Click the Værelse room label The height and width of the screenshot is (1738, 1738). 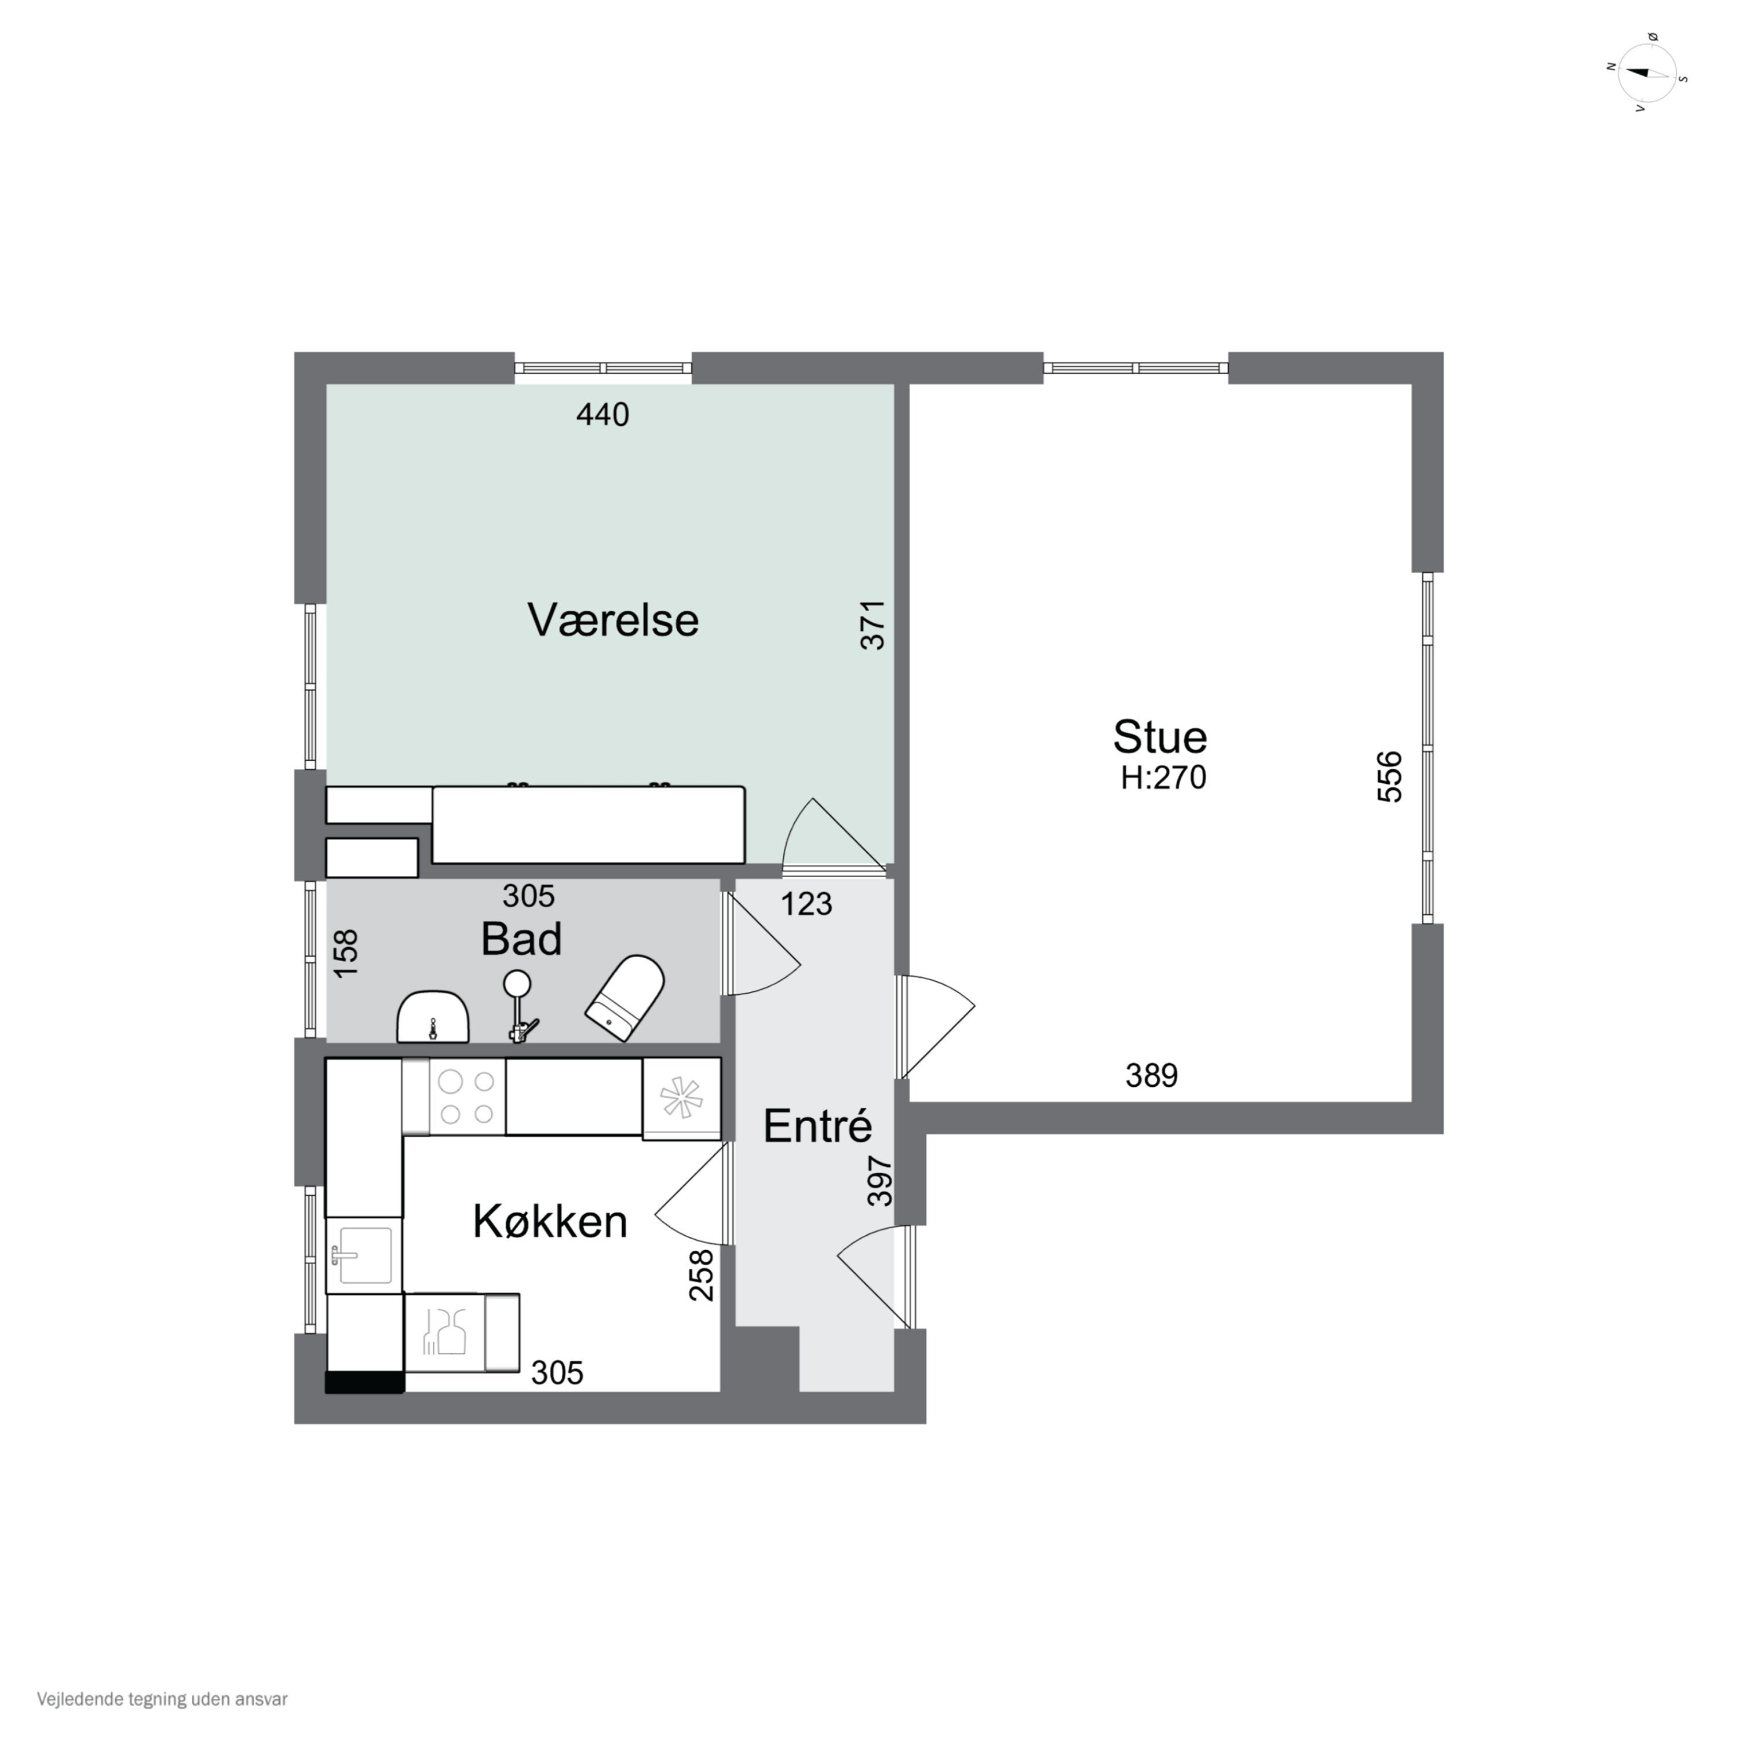pyautogui.click(x=612, y=620)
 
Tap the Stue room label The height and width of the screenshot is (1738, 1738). pyautogui.click(x=1160, y=737)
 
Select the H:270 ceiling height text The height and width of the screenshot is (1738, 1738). pyautogui.click(x=1163, y=777)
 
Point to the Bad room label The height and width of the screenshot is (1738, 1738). pyautogui.click(x=521, y=939)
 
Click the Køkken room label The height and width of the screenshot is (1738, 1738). pyautogui.click(x=550, y=1222)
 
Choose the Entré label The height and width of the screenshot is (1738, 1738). pyautogui.click(x=817, y=1126)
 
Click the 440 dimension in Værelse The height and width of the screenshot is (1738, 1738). pyautogui.click(x=603, y=415)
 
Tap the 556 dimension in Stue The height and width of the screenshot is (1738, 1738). pyautogui.click(x=1390, y=776)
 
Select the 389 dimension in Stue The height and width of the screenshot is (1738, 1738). pyautogui.click(x=1152, y=1075)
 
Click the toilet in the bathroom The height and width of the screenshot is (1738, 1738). pyautogui.click(x=625, y=996)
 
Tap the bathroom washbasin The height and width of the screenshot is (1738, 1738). pyautogui.click(x=433, y=1017)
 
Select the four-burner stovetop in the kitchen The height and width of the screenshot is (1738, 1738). pyautogui.click(x=467, y=1097)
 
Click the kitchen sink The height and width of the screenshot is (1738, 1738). pyautogui.click(x=363, y=1255)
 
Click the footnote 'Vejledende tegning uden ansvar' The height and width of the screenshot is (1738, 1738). pyautogui.click(x=162, y=1699)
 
